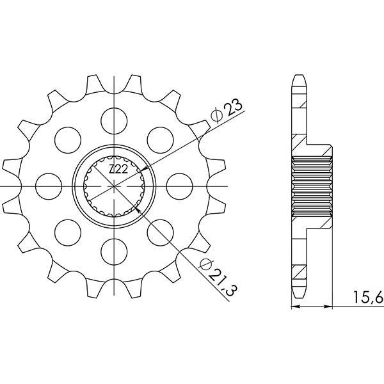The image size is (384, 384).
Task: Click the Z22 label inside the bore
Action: click(116, 169)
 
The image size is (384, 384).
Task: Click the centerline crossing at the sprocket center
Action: click(115, 186)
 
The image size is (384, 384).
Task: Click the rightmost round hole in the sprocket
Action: click(181, 186)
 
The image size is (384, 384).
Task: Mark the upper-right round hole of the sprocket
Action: click(161, 139)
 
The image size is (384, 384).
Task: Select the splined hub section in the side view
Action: click(313, 186)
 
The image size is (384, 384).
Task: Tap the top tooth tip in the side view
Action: click(300, 77)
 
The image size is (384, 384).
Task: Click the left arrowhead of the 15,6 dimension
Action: click(295, 308)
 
